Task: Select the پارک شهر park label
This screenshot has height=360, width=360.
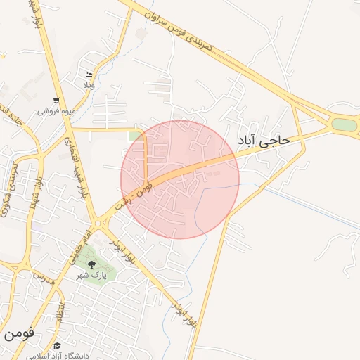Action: click(x=92, y=276)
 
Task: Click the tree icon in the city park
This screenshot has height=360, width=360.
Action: click(x=91, y=265)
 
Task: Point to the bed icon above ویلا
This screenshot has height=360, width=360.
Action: click(x=89, y=75)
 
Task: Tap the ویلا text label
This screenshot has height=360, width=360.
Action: click(x=89, y=85)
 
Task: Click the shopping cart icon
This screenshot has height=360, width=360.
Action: click(x=56, y=101)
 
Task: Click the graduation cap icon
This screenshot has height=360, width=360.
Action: click(x=57, y=345)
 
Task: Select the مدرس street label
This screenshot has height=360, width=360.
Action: click(x=44, y=274)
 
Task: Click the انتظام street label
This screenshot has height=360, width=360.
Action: click(x=62, y=309)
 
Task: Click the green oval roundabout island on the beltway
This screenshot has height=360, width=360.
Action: click(x=344, y=125)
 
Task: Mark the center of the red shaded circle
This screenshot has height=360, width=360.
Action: click(x=180, y=179)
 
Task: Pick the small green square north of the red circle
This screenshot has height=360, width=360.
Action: click(x=134, y=136)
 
